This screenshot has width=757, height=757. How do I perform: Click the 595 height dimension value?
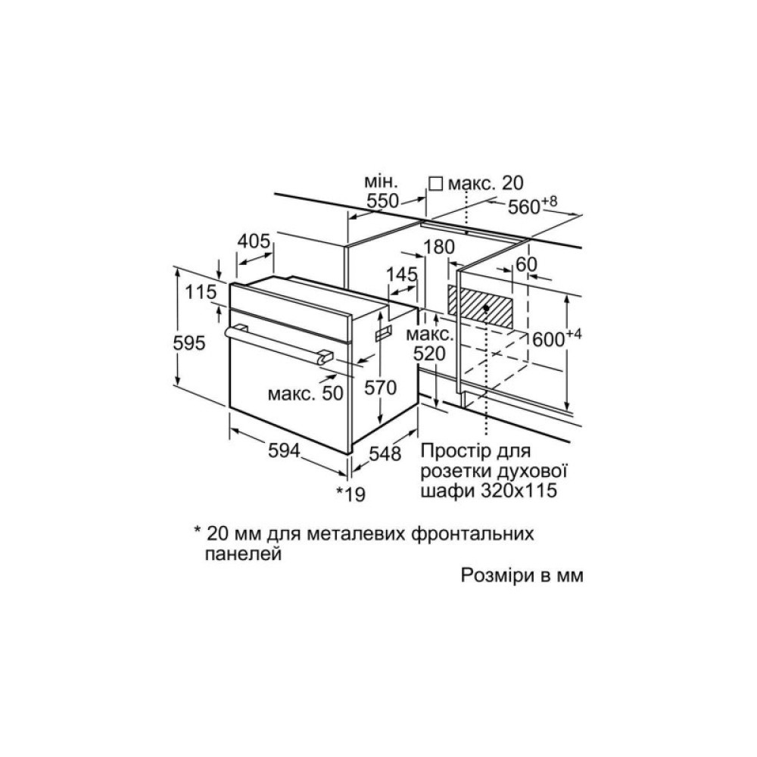click(189, 343)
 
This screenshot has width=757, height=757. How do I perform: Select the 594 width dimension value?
click(285, 450)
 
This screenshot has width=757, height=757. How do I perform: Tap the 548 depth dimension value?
click(385, 453)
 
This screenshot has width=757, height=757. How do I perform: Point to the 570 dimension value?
click(381, 387)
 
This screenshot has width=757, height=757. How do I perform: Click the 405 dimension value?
click(254, 241)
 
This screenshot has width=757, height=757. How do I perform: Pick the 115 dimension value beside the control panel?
click(201, 292)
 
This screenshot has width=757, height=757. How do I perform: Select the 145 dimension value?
click(402, 274)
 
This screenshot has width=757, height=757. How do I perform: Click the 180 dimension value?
click(439, 247)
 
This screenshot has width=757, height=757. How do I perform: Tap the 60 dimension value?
click(526, 264)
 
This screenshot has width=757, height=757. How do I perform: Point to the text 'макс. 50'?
click(306, 394)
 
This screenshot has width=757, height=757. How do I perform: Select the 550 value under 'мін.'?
click(383, 201)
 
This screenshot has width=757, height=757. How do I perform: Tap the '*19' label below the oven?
click(351, 494)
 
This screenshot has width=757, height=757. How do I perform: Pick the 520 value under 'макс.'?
click(429, 354)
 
